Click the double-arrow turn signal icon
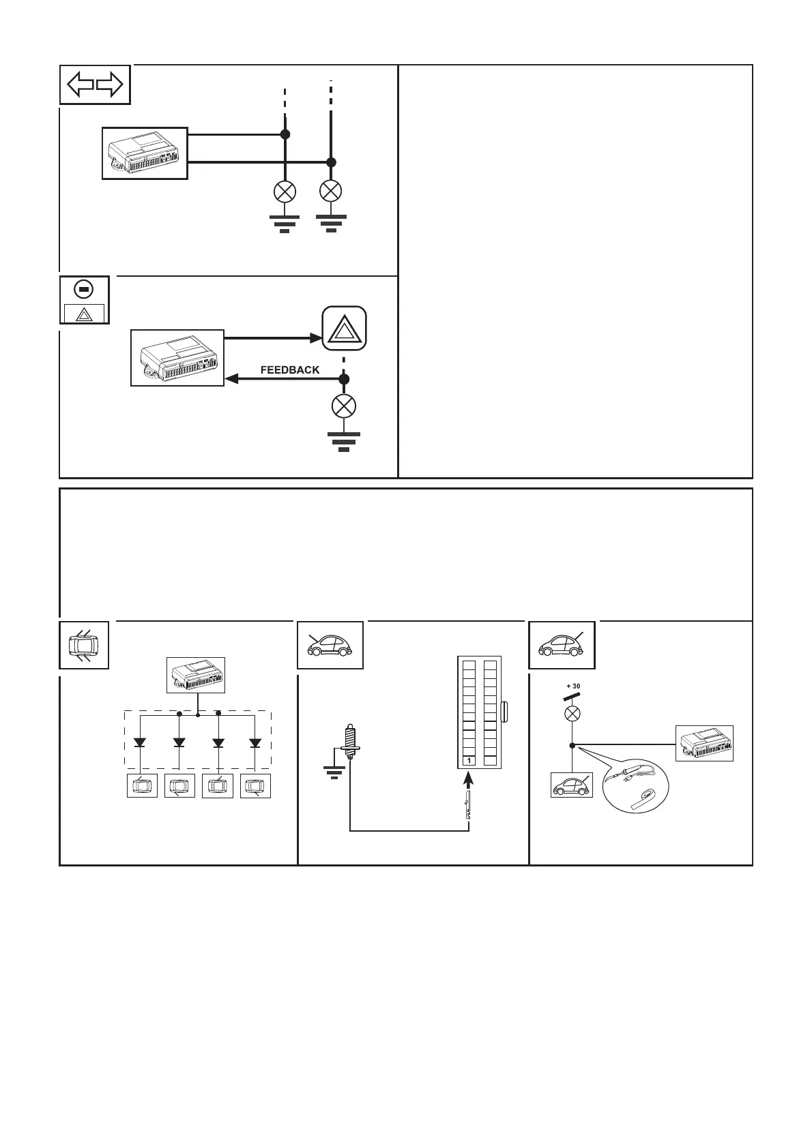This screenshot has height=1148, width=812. pyautogui.click(x=95, y=85)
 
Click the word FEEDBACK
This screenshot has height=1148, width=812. pyautogui.click(x=290, y=369)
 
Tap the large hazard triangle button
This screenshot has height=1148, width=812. pyautogui.click(x=344, y=329)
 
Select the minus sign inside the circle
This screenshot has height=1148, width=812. pyautogui.click(x=83, y=290)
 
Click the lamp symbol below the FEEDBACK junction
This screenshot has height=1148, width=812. pyautogui.click(x=343, y=407)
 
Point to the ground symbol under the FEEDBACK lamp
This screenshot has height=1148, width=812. pyautogui.click(x=344, y=440)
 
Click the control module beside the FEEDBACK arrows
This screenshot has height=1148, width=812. pyautogui.click(x=177, y=358)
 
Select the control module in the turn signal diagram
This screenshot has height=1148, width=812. pyautogui.click(x=145, y=153)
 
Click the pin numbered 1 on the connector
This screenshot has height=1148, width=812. pyautogui.click(x=469, y=760)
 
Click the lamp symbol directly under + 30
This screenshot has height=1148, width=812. pyautogui.click(x=573, y=714)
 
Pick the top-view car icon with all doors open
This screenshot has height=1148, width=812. pyautogui.click(x=84, y=645)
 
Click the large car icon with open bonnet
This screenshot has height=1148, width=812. pyautogui.click(x=330, y=645)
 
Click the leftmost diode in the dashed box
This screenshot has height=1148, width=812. pyautogui.click(x=140, y=742)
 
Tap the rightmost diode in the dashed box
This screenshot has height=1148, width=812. pyautogui.click(x=255, y=742)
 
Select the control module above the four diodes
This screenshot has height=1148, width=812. pyautogui.click(x=197, y=675)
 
